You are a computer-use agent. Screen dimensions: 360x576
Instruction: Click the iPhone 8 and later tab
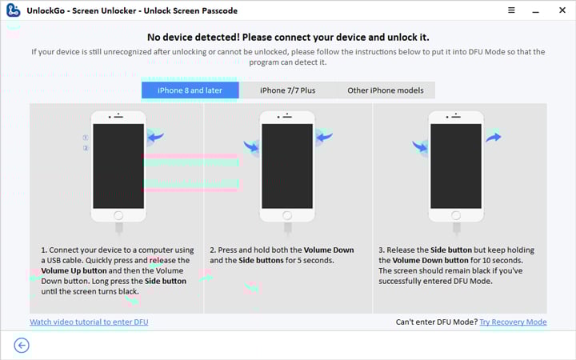coord(190,90)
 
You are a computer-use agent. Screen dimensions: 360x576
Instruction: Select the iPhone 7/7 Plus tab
coord(288,90)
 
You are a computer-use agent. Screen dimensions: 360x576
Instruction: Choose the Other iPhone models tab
coord(386,90)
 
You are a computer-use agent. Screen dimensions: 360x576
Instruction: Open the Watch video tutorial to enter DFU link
coord(89,322)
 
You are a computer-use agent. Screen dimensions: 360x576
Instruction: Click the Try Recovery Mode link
coord(513,322)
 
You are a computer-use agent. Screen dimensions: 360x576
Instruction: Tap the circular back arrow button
coord(22,345)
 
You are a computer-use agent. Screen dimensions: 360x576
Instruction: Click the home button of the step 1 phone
coord(118,214)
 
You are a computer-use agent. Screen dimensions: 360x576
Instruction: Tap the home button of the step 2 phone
coord(287,214)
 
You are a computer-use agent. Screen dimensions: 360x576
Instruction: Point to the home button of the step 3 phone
coord(456,214)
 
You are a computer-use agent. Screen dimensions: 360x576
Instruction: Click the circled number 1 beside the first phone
coord(86,138)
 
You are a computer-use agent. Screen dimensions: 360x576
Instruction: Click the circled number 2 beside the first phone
coord(86,149)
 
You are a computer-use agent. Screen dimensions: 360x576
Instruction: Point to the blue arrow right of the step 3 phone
coord(493,138)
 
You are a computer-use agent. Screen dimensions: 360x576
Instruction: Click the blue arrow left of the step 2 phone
coord(251,147)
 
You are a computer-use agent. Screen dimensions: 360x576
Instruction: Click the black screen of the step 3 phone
coord(456,165)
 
